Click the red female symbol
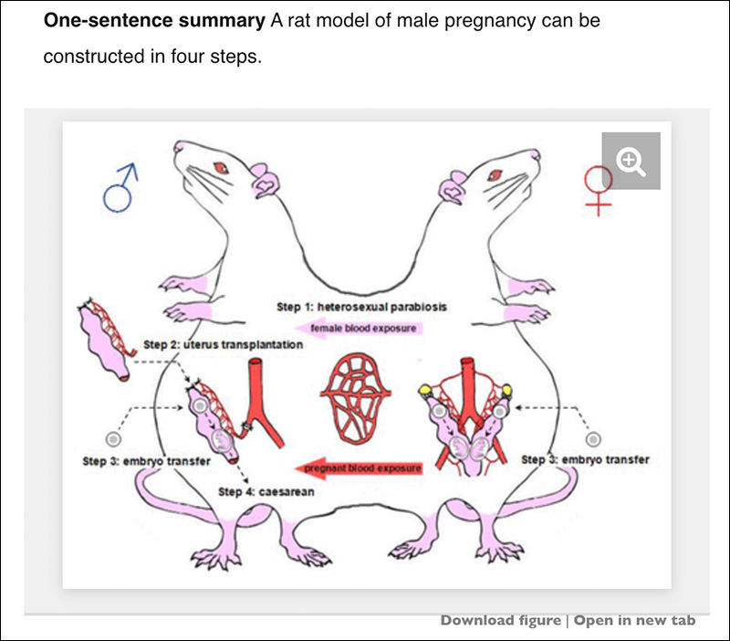click(598, 186)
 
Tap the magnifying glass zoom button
click(631, 162)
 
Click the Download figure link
click(500, 621)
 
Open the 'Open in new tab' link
click(634, 621)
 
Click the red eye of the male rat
click(220, 166)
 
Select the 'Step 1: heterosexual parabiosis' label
click(361, 307)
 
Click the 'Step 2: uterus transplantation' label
click(224, 345)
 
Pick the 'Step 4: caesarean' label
click(266, 491)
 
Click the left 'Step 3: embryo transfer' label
click(147, 462)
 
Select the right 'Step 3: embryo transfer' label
click(585, 459)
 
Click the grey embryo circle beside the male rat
click(113, 438)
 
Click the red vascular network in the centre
click(356, 388)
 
